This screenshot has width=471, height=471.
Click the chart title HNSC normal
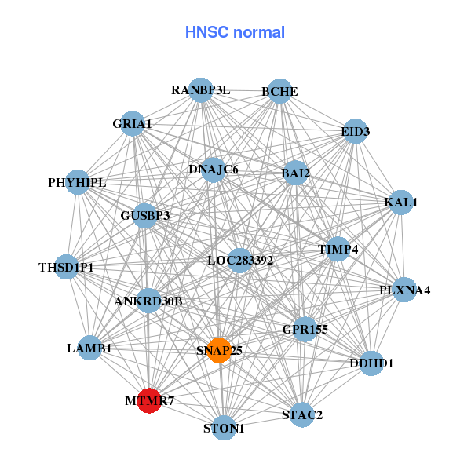[x=235, y=32]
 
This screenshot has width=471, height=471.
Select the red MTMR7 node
[x=149, y=400]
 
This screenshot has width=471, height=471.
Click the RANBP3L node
[x=201, y=90]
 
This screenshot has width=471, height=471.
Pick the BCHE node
[x=279, y=92]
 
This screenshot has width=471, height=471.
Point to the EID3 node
[x=356, y=131]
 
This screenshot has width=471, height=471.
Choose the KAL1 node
[x=401, y=203]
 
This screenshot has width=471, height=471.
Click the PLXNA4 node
[x=404, y=290]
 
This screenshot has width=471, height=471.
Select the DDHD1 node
[x=371, y=363]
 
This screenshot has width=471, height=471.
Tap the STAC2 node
[x=302, y=414]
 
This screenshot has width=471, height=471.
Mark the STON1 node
[x=225, y=429]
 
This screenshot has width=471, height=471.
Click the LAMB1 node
[x=89, y=348]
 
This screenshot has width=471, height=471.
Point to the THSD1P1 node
[x=66, y=268]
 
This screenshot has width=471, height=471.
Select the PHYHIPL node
[x=76, y=183]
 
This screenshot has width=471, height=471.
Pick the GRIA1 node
[x=133, y=123]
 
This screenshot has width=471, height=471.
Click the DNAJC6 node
[x=214, y=170]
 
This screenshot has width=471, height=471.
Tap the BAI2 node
[x=295, y=173]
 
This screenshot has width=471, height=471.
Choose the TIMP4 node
[x=338, y=250]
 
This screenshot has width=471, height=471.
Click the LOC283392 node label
[x=240, y=260]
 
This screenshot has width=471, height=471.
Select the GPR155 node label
[x=305, y=330]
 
